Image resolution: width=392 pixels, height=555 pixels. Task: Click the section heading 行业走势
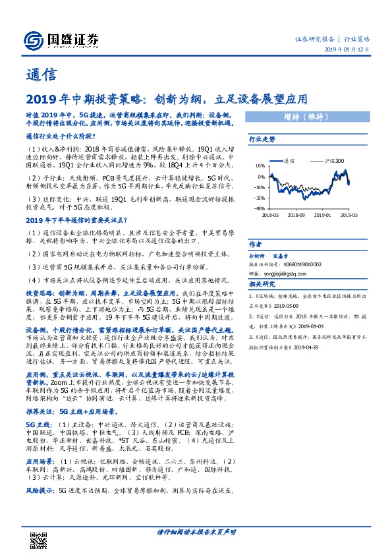[x=262, y=140]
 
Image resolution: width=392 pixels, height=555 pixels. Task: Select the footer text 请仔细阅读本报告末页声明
[x=196, y=532]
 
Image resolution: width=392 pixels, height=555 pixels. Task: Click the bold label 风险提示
[x=40, y=491]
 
